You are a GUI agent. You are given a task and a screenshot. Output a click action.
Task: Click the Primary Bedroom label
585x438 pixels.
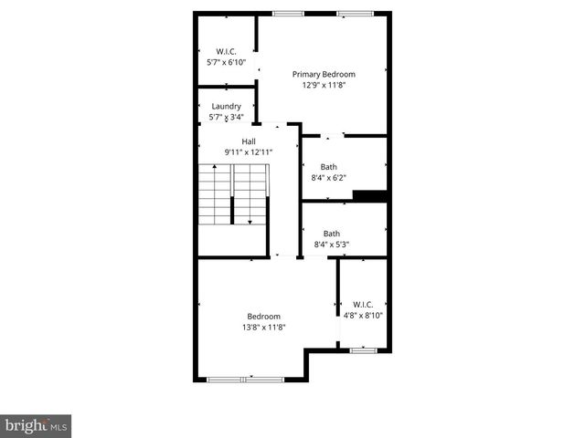tap(324, 74)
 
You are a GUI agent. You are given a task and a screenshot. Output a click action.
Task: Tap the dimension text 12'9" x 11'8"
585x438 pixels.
tap(324, 85)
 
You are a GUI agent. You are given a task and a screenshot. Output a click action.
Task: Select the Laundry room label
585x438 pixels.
tap(226, 106)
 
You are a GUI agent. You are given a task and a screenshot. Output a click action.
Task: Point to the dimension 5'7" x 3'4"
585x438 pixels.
tap(226, 117)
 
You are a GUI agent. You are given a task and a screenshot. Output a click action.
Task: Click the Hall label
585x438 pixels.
tap(249, 141)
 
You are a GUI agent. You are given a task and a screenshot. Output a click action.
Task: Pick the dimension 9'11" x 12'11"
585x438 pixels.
tap(249, 151)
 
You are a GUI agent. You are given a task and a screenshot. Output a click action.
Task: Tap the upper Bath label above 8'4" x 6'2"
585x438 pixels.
tap(329, 167)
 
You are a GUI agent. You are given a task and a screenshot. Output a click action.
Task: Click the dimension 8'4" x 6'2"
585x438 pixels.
tap(329, 178)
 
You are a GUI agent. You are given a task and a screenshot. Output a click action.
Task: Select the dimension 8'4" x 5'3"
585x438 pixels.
tap(332, 244)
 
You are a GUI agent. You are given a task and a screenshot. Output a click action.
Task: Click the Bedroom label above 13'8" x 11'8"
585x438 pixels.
tap(263, 316)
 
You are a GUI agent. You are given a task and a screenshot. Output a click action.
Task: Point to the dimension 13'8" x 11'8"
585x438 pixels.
tap(263, 327)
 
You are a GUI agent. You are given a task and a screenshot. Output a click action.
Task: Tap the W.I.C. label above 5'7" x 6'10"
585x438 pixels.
tap(226, 51)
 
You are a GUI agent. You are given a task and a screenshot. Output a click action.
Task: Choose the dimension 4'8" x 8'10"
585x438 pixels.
tap(361, 316)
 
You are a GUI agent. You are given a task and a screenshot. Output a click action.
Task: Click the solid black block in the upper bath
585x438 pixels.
tap(370, 194)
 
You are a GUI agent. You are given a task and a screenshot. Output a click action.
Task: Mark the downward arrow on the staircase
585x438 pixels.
tap(249, 220)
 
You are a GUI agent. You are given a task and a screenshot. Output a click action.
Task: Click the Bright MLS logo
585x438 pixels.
tap(37, 425)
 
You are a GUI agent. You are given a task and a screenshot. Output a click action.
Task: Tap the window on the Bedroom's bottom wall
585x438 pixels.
tap(246, 379)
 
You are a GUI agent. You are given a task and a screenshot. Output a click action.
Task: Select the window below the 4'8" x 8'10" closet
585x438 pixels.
tap(363, 349)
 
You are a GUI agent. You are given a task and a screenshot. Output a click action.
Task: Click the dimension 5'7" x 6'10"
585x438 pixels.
tap(226, 62)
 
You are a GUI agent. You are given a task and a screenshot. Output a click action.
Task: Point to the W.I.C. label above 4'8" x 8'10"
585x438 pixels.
tap(361, 305)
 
